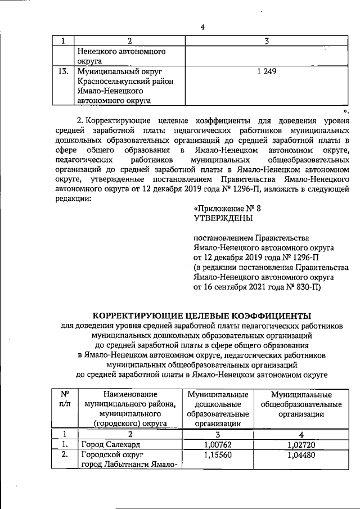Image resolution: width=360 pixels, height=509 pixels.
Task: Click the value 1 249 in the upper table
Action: click(x=266, y=72)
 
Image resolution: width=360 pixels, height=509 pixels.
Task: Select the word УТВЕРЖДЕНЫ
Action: click(x=223, y=218)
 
